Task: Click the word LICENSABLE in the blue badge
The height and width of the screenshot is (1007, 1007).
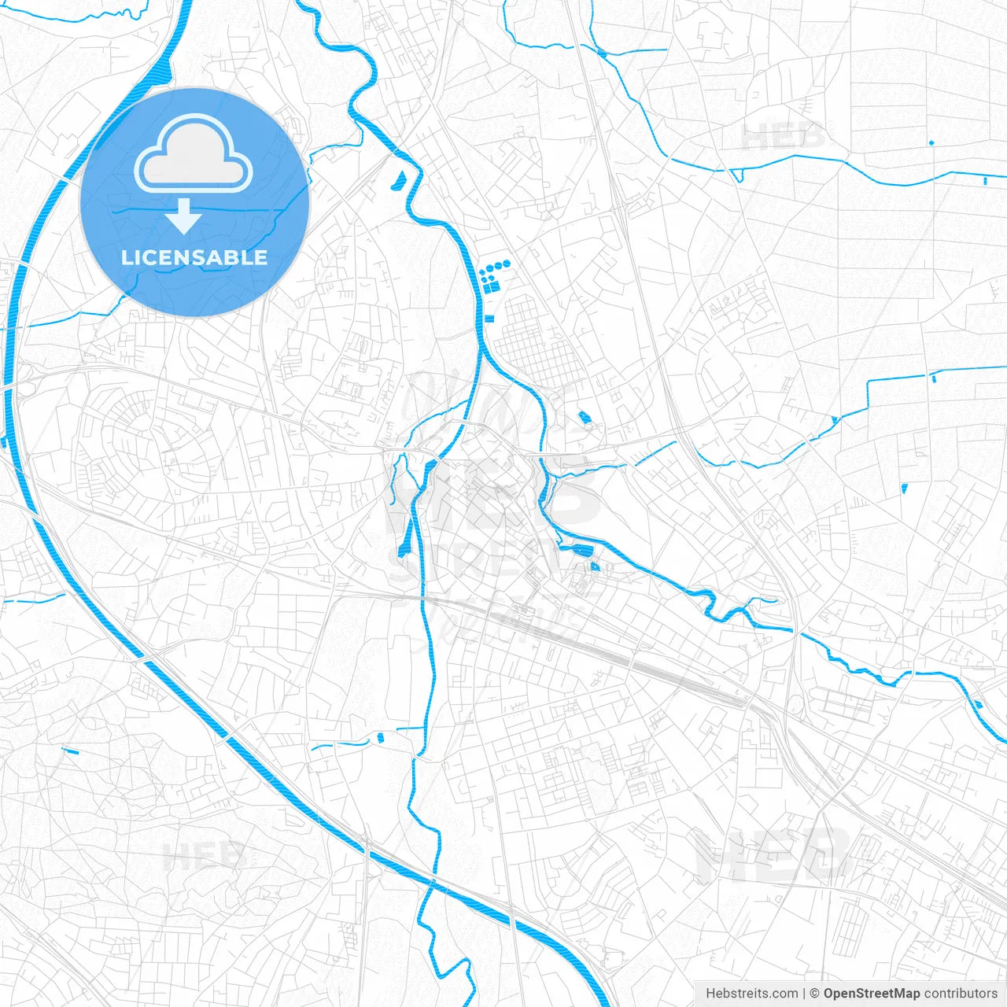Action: [x=194, y=258]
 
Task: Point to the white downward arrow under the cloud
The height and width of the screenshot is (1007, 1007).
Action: [x=183, y=216]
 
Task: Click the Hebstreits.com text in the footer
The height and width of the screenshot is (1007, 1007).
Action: [x=751, y=994]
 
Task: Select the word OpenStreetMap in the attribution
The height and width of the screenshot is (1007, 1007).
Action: [x=871, y=994]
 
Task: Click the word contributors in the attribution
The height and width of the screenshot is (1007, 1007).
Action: [x=961, y=994]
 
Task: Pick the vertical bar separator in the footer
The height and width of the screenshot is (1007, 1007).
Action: [x=804, y=994]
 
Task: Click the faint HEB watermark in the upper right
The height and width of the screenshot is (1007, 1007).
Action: [x=783, y=138]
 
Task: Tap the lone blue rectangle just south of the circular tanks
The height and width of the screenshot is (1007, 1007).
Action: [x=489, y=319]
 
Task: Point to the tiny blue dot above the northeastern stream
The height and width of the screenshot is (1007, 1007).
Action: [x=931, y=142]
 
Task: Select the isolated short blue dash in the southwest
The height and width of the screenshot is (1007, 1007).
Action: [x=70, y=750]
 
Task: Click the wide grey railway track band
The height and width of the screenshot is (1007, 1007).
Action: [x=661, y=669]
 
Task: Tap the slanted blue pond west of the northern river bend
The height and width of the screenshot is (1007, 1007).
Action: [x=398, y=180]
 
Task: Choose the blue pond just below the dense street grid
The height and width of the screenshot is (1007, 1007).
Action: [x=584, y=417]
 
